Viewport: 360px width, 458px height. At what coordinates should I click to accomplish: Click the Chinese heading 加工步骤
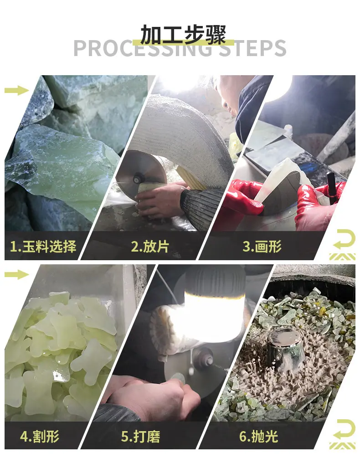(x=183, y=34)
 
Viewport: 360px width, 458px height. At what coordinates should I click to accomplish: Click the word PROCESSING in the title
(x=143, y=48)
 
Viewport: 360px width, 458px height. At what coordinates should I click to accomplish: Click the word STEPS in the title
(x=252, y=48)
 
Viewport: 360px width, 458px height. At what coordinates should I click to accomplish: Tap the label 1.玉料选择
(x=43, y=246)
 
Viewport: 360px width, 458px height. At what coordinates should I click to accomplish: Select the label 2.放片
(x=150, y=246)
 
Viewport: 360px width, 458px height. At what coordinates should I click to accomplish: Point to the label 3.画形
(x=262, y=246)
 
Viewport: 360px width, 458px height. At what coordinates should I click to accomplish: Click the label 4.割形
(x=40, y=437)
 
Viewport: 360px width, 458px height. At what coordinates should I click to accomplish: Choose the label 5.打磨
(x=141, y=437)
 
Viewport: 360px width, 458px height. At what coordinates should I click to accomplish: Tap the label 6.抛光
(x=259, y=437)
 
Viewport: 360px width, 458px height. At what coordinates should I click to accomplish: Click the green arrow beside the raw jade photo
(x=17, y=90)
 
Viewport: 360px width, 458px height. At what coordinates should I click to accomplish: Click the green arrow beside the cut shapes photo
(x=17, y=274)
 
